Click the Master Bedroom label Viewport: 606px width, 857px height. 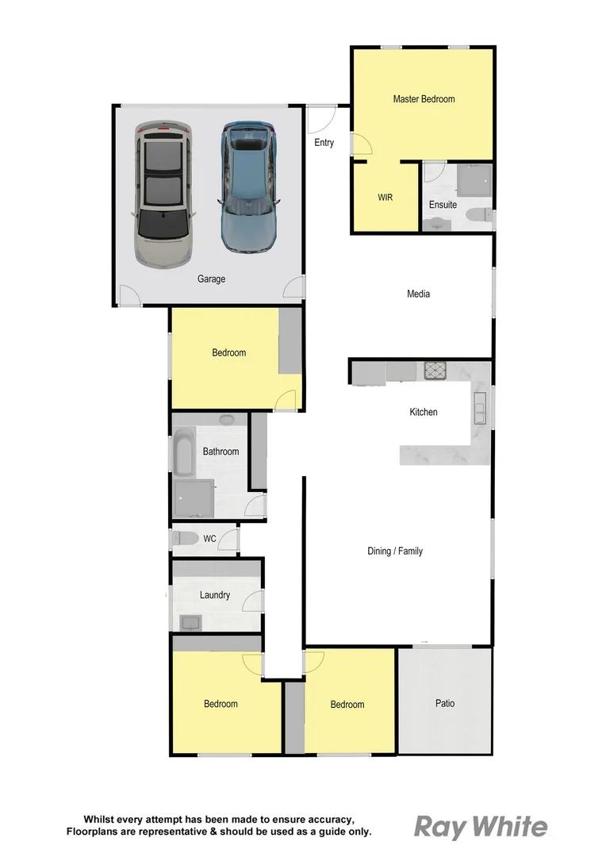(x=424, y=99)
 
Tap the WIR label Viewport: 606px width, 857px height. (x=385, y=197)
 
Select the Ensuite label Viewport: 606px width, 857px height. (x=443, y=205)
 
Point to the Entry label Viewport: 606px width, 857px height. (x=324, y=143)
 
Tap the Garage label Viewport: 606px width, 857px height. (x=212, y=279)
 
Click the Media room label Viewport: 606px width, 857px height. (x=418, y=294)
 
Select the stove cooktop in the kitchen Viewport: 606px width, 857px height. (x=436, y=371)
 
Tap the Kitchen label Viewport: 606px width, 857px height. (x=423, y=413)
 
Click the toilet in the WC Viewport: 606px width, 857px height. (x=185, y=539)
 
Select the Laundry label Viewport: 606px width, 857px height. (x=215, y=595)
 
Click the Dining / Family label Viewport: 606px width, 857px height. (x=394, y=551)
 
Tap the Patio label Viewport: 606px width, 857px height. (x=444, y=703)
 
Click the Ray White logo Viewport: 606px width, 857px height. (x=481, y=828)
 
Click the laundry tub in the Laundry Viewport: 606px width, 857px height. (x=190, y=622)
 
